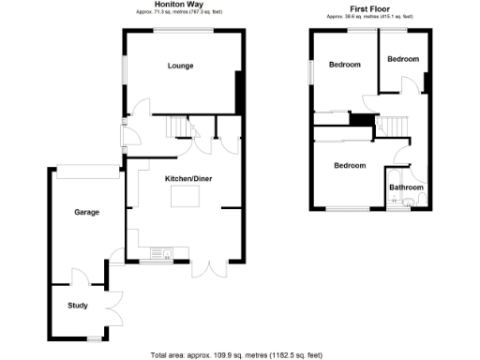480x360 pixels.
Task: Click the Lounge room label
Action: [180, 66]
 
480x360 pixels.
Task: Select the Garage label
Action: [87, 212]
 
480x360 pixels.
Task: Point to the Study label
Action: [78, 306]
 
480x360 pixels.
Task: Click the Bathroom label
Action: [407, 187]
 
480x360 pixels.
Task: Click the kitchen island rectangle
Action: [186, 198]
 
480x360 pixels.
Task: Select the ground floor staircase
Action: [175, 127]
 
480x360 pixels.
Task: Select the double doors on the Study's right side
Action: [114, 303]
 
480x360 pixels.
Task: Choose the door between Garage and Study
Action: [79, 278]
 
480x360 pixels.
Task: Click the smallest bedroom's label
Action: [403, 59]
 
